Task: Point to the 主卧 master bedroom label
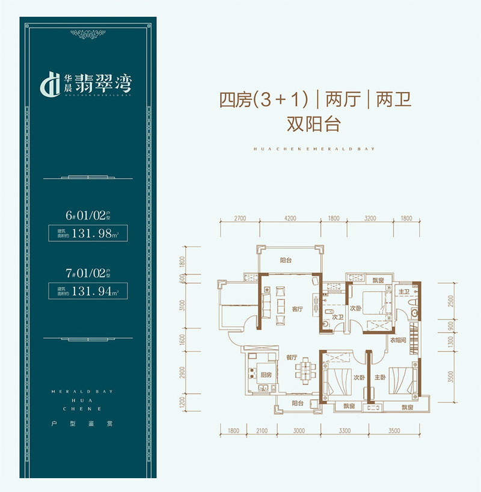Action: [380, 378]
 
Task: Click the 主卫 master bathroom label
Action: [403, 292]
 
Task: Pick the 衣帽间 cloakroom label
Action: [399, 340]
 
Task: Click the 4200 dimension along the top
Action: [290, 219]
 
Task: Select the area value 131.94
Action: [92, 293]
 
